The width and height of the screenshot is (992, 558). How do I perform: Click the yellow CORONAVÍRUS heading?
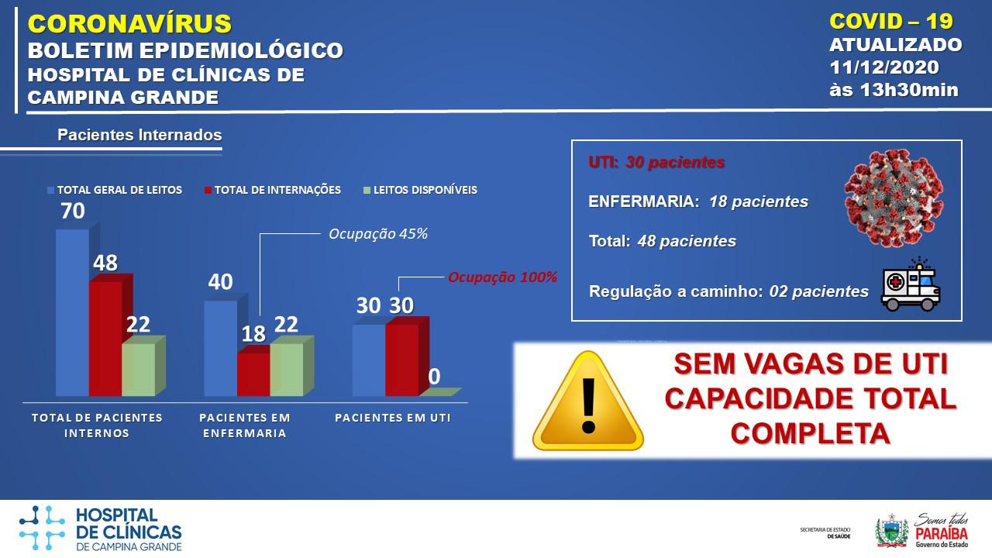(129, 23)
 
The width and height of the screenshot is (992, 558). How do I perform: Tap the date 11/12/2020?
(884, 67)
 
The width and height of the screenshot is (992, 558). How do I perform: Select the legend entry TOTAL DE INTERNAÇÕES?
(273, 190)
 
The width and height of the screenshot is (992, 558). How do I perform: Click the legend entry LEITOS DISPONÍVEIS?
(420, 190)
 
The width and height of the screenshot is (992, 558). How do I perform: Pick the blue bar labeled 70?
(73, 312)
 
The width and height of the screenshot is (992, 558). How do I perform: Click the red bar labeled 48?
(106, 339)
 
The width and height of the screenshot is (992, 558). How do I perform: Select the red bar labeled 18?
(253, 374)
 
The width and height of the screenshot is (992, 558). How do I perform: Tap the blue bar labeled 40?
(221, 348)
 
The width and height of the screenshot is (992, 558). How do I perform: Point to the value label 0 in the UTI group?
(434, 377)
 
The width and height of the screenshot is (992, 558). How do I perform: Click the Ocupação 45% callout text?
(378, 234)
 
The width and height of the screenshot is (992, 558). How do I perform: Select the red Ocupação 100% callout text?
(503, 277)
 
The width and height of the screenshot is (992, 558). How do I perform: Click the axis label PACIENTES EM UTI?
(393, 418)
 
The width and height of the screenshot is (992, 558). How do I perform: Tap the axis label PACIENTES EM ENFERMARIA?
(245, 425)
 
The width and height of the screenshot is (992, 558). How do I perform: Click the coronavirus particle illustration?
(894, 198)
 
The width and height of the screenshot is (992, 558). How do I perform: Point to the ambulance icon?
(911, 284)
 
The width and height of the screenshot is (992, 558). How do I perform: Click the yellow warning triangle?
(588, 401)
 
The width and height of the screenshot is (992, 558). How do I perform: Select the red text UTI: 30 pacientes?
(656, 163)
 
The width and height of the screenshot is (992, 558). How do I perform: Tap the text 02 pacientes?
(819, 291)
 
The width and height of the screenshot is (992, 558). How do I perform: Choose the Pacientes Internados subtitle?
(139, 135)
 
